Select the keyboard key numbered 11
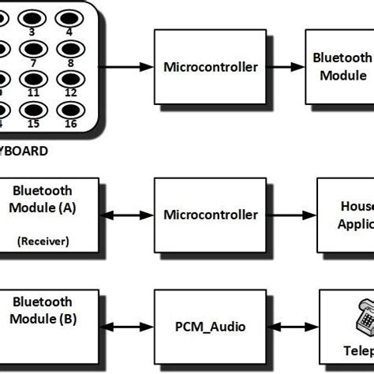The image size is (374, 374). point(34,80)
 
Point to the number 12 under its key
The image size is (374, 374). point(70,92)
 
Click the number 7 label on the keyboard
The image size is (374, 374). point(33,62)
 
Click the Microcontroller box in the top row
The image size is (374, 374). point(210,67)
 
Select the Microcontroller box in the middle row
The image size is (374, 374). point(210,215)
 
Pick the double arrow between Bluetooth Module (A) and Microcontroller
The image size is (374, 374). point(127,215)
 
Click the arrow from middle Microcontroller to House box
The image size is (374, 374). point(291,215)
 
